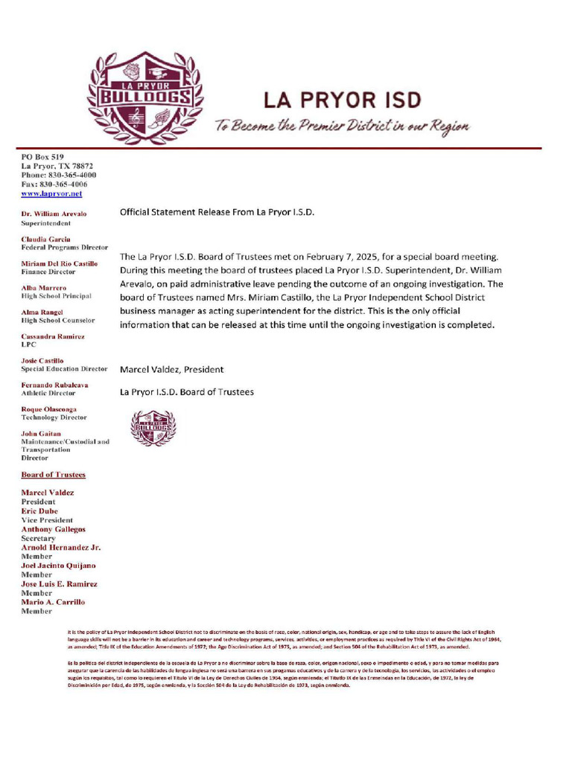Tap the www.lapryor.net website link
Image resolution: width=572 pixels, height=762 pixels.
point(51,193)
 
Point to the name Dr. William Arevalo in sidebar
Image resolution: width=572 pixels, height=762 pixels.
point(54,214)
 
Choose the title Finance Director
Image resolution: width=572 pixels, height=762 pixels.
point(48,272)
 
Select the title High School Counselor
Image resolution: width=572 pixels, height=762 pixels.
point(57,321)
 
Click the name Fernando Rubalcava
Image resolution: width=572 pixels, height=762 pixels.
point(54,385)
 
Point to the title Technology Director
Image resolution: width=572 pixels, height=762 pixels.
point(54,418)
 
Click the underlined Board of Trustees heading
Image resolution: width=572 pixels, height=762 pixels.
point(53,475)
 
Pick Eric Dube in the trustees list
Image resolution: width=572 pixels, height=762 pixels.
point(39,511)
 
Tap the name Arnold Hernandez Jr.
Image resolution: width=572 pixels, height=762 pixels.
point(61,547)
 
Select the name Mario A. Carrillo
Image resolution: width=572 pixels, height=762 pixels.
point(53,602)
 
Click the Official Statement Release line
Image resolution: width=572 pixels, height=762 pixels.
point(217,212)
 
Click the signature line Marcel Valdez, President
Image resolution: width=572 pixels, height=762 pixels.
point(171,369)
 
